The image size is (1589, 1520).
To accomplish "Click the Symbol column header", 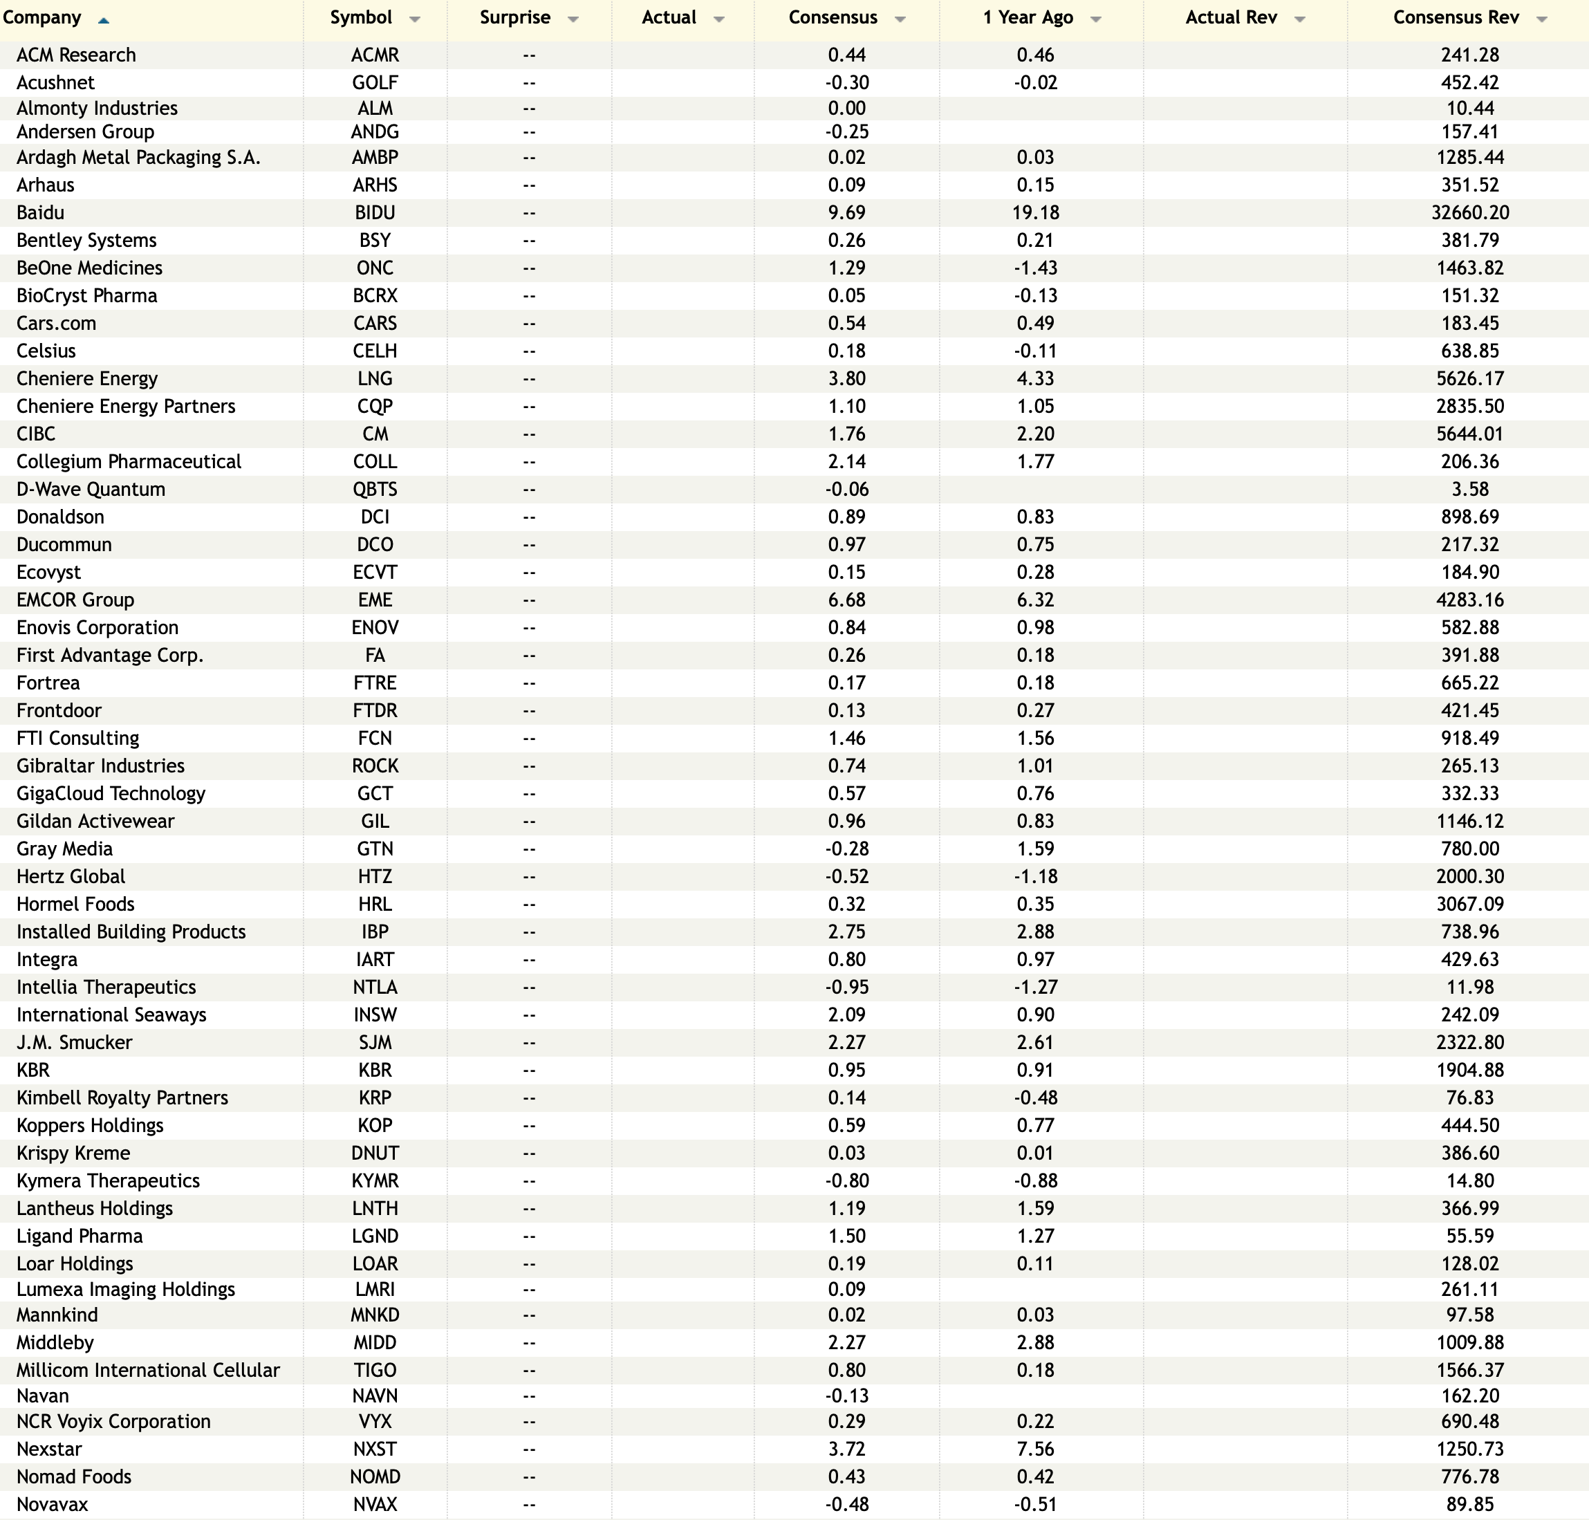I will click(362, 18).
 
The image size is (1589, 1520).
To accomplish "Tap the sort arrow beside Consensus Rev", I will click(1542, 19).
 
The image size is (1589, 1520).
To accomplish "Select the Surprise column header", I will click(515, 18).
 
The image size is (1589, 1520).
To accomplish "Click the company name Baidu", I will click(41, 212).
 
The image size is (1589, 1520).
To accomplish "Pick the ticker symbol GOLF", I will click(375, 83).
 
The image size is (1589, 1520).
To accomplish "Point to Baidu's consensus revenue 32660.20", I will click(1470, 212).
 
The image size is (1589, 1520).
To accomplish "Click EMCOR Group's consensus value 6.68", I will click(847, 600).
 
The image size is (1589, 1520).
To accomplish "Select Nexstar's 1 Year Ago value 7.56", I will click(1036, 1449).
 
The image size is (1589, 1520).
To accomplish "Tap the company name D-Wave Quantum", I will click(91, 490).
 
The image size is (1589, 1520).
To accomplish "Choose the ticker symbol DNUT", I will click(375, 1153).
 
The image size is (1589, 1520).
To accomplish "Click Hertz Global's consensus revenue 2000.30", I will click(1470, 877).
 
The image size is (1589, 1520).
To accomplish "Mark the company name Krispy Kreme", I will click(73, 1153).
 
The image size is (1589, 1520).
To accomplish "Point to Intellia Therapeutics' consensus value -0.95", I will click(847, 987).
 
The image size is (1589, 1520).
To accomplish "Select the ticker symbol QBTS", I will click(375, 490).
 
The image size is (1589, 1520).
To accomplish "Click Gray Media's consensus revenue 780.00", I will click(1470, 849).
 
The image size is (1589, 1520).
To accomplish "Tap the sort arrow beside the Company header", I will click(103, 20).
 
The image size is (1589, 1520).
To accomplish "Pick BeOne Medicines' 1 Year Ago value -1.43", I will click(1036, 268).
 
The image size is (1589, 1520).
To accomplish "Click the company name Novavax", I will click(52, 1505).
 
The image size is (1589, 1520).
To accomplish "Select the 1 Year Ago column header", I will click(1028, 18).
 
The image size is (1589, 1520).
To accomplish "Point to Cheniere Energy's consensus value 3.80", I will click(847, 378).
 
